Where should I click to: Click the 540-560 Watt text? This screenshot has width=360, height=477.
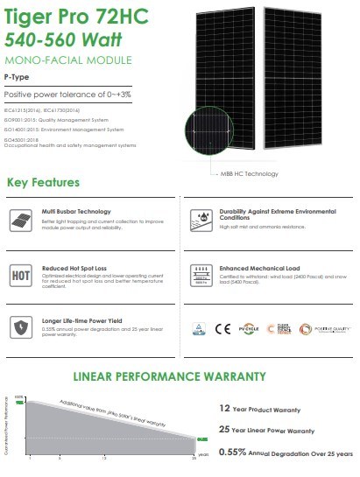coord(50,39)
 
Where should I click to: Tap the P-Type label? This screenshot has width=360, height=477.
coord(18,78)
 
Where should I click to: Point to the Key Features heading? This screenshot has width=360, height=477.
coord(43,183)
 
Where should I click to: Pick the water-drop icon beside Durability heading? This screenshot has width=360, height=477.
coord(200,219)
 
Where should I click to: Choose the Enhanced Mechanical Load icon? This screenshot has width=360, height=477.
coord(200,274)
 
